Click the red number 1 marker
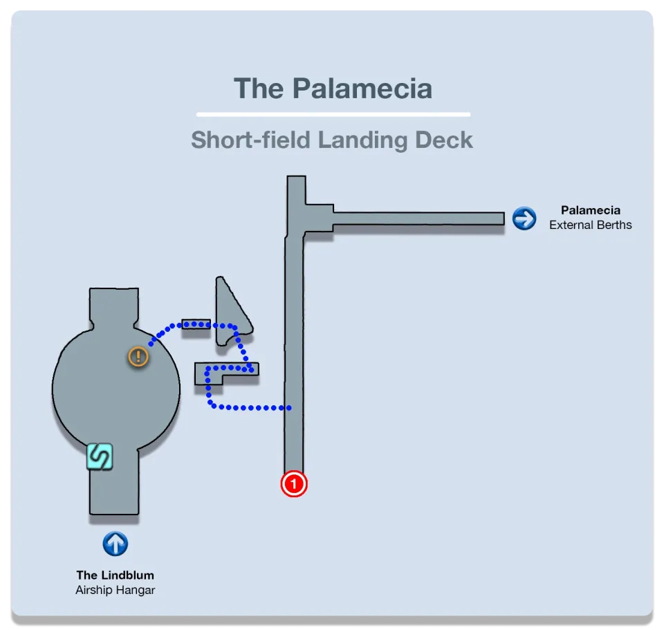click(293, 484)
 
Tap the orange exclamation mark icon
click(138, 357)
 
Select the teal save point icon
click(99, 456)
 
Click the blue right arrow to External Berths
click(524, 219)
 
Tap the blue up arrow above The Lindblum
click(115, 544)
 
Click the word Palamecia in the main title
click(362, 89)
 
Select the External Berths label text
click(590, 225)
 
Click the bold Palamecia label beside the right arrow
click(590, 210)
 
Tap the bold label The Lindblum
click(115, 575)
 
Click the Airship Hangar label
click(115, 590)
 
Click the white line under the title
click(333, 114)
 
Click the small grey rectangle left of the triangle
click(196, 324)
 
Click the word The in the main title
click(259, 89)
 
